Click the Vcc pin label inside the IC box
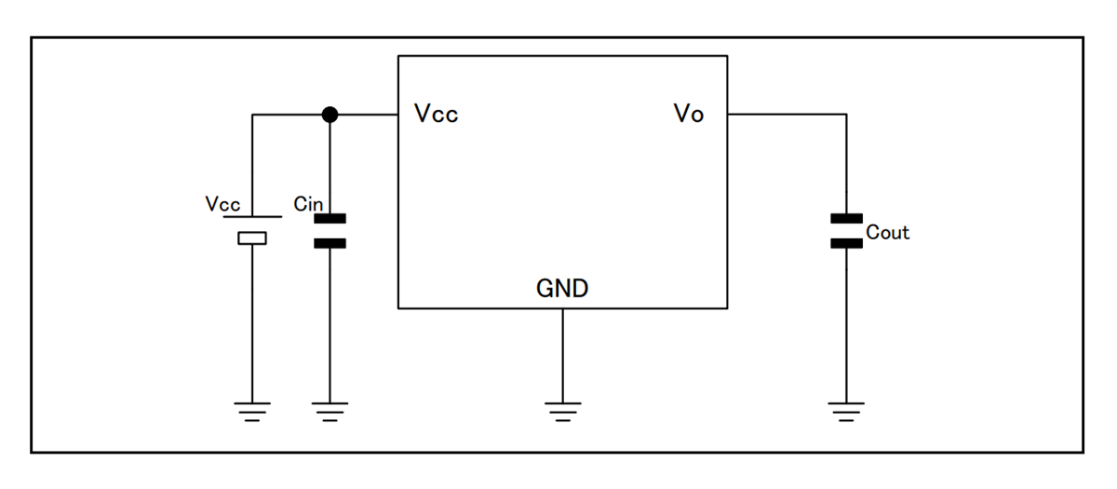pyautogui.click(x=436, y=115)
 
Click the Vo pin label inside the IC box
pyautogui.click(x=688, y=115)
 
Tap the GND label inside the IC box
pyautogui.click(x=562, y=289)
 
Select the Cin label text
pyautogui.click(x=307, y=205)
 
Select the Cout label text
pyautogui.click(x=887, y=233)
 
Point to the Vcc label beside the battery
pyautogui.click(x=222, y=205)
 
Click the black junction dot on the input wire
pyautogui.click(x=329, y=115)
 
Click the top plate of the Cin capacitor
pyautogui.click(x=330, y=220)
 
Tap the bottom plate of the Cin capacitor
pyautogui.click(x=330, y=243)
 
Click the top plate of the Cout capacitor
pyautogui.click(x=846, y=219)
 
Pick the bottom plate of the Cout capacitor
pyautogui.click(x=846, y=243)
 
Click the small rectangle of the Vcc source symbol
pyautogui.click(x=252, y=238)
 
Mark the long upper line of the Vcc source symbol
pyautogui.click(x=252, y=223)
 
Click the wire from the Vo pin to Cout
pyautogui.click(x=787, y=115)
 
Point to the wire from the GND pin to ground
pyautogui.click(x=562, y=354)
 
